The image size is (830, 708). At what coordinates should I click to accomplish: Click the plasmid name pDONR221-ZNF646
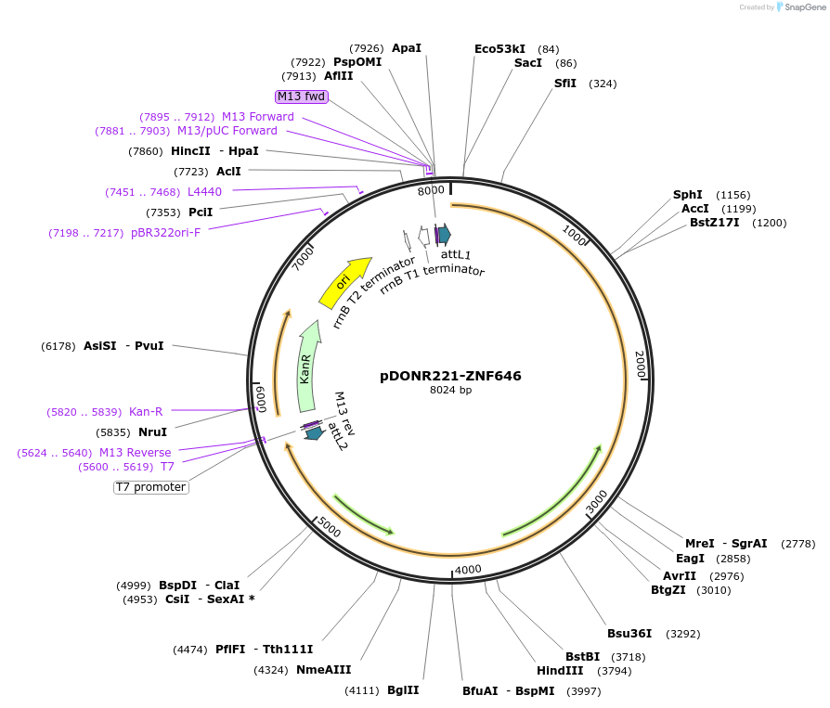(x=450, y=376)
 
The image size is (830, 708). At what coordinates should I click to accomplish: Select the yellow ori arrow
(x=344, y=282)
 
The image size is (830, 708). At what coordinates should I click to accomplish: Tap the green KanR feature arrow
(x=306, y=367)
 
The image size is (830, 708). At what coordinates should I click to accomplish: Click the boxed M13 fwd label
(x=302, y=97)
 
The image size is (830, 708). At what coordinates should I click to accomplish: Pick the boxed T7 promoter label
(x=151, y=487)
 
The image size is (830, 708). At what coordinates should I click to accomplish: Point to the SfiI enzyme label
(x=565, y=84)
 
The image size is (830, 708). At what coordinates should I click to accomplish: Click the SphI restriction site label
(x=688, y=195)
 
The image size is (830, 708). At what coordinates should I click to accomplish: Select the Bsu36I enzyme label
(x=629, y=634)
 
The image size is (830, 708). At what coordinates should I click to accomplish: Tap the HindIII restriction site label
(x=560, y=671)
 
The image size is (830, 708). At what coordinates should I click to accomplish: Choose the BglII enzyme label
(x=403, y=690)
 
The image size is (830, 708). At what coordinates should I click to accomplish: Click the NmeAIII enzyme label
(x=323, y=669)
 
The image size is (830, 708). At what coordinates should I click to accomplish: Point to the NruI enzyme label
(x=151, y=432)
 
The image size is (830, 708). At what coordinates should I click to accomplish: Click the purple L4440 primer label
(x=204, y=192)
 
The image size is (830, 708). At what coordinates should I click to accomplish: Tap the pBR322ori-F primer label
(x=165, y=233)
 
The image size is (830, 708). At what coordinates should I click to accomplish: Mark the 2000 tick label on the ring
(x=639, y=363)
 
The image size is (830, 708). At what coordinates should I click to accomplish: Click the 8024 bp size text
(x=450, y=391)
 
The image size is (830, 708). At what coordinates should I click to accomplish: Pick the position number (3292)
(x=681, y=635)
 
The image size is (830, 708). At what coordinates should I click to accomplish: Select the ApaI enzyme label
(x=407, y=48)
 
